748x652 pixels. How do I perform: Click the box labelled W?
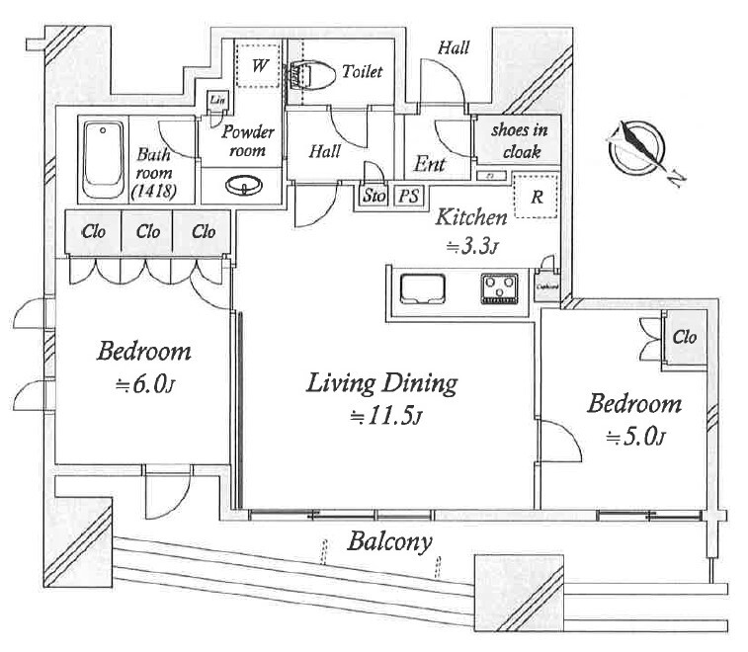tap(259, 67)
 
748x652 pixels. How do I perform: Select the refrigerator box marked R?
tap(536, 197)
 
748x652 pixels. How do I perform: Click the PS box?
tap(408, 196)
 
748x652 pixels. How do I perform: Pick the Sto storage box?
tap(374, 196)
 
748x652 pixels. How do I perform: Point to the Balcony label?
tap(390, 541)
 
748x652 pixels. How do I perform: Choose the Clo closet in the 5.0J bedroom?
tap(684, 338)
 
